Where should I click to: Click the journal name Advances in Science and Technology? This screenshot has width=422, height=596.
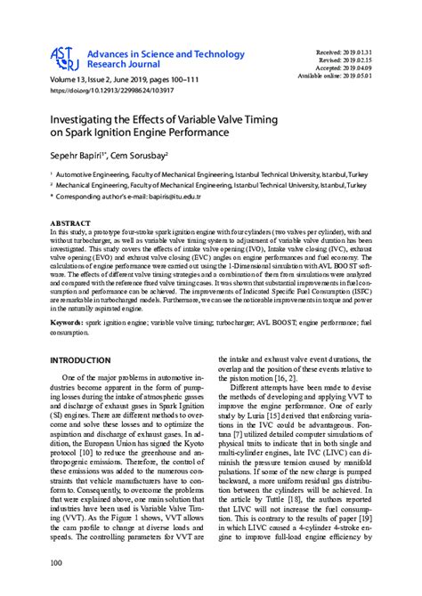point(158,54)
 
